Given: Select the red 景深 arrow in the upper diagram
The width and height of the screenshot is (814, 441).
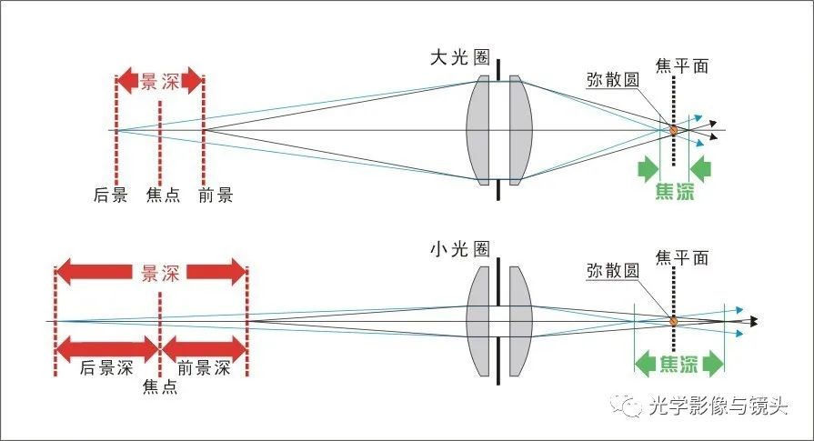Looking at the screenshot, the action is tap(160, 81).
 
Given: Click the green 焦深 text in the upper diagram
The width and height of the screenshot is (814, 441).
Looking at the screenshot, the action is tap(675, 192).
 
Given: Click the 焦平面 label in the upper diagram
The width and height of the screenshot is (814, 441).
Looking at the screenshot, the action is tap(681, 66).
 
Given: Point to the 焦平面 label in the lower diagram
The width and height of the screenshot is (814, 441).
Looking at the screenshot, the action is tap(681, 257).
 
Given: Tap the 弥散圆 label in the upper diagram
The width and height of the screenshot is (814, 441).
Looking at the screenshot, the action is tap(611, 79).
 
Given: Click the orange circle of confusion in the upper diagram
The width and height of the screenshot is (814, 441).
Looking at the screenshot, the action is tap(674, 130).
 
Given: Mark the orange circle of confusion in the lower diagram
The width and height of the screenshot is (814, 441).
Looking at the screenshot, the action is tap(674, 320).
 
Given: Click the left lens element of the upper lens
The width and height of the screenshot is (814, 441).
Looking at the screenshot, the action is tap(479, 130).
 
